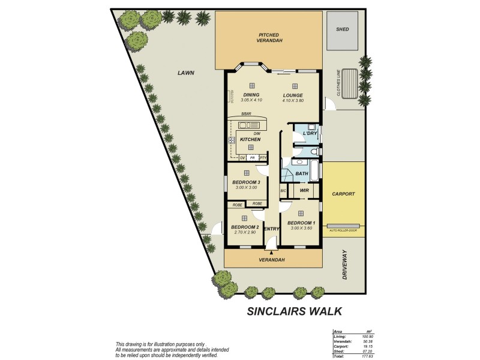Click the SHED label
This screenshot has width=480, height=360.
tap(343, 29)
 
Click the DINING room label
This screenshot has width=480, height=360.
tap(251, 95)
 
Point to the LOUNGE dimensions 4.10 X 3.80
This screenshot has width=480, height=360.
tap(293, 100)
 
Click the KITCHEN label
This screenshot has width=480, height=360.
tap(250, 139)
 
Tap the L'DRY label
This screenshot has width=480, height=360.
tap(302, 133)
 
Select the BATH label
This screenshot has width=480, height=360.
tap(302, 174)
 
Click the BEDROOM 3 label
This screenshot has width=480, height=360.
tap(246, 182)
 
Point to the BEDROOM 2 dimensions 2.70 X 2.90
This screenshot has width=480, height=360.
tap(245, 232)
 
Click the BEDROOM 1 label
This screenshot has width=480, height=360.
tap(301, 223)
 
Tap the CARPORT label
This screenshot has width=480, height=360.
tap(343, 194)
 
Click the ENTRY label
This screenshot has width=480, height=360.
tap(272, 229)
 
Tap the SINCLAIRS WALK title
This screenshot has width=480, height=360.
tap(295, 311)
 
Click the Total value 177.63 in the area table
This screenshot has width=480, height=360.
tap(367, 356)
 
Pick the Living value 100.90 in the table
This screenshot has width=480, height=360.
tap(367, 337)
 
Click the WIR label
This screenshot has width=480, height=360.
tap(304, 191)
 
